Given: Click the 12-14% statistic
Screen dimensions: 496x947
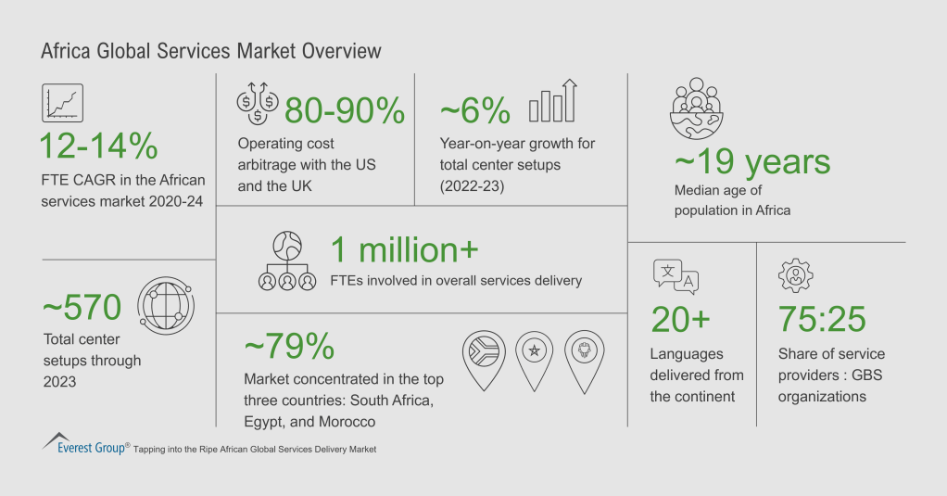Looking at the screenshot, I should [x=98, y=147].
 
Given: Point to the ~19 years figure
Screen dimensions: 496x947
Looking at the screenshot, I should [x=751, y=162].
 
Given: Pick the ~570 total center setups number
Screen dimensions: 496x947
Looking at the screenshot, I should [x=82, y=306].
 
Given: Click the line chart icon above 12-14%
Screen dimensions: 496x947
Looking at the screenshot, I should [x=63, y=102].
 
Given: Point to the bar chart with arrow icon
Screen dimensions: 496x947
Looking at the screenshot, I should [x=553, y=102].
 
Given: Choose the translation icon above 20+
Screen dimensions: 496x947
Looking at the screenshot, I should [x=676, y=276].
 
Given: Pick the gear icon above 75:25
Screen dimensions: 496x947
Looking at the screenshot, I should [x=794, y=276].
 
